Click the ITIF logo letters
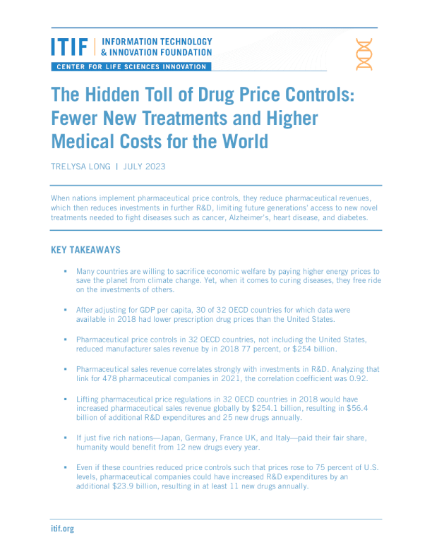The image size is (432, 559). point(69,47)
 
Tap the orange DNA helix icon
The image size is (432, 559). point(364,54)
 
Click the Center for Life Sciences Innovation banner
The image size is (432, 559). point(131,67)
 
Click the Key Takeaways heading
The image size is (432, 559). point(85,250)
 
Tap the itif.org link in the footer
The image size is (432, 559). point(62,528)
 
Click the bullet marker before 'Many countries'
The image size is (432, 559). point(65,271)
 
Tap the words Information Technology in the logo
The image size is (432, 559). point(157,42)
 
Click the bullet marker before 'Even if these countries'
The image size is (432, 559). point(65,467)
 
